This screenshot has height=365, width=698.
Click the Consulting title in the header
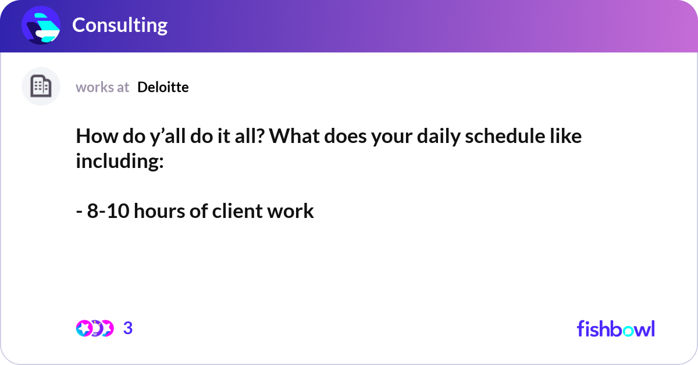[x=120, y=25]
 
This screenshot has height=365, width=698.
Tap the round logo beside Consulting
[x=41, y=25]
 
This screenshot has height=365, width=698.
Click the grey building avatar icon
[x=41, y=86]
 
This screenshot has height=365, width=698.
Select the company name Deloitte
[x=163, y=87]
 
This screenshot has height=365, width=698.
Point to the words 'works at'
[x=102, y=88]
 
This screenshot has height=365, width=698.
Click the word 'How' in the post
[x=97, y=136]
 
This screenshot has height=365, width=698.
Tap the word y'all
[x=168, y=137]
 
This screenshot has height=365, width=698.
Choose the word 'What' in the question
[x=294, y=136]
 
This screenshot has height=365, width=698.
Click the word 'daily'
[x=439, y=137]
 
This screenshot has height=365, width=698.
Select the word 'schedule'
[x=505, y=136]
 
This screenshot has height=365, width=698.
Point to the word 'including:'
[x=120, y=162]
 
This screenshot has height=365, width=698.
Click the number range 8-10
[x=108, y=211]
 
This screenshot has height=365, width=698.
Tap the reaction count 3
[x=128, y=328]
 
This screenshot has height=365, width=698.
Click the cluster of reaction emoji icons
[x=95, y=328]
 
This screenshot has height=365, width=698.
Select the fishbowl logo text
[x=616, y=328]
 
